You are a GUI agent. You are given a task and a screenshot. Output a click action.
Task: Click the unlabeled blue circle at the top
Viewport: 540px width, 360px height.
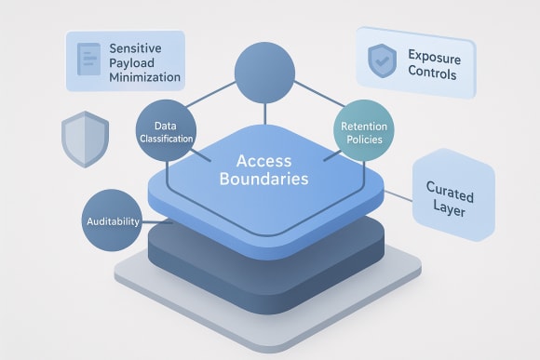[x=266, y=72]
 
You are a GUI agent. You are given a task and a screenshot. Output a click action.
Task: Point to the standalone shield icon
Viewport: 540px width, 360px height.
[x=79, y=140]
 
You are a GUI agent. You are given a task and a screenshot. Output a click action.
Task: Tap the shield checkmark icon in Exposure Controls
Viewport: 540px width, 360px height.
[x=381, y=60]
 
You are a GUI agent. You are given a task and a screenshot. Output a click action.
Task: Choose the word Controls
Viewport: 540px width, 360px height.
[x=434, y=73]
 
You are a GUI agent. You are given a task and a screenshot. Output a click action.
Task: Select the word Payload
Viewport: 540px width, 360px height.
[x=135, y=63]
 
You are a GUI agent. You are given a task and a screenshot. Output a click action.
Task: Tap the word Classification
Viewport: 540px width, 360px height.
[x=167, y=139]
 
